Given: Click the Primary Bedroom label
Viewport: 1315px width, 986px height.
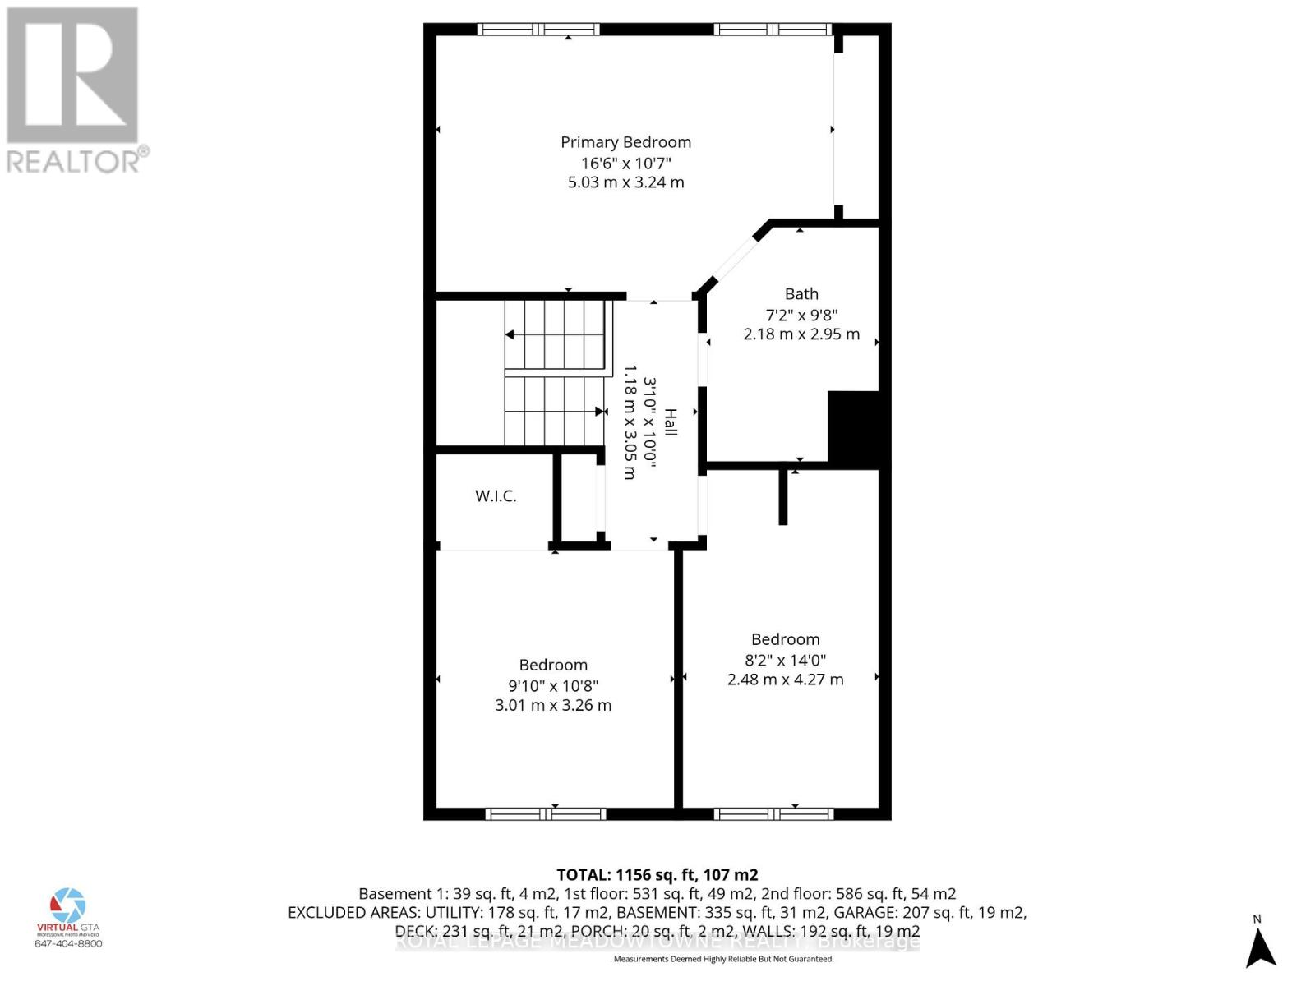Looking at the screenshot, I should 625,142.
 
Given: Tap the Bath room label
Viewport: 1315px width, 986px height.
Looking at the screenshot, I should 801,293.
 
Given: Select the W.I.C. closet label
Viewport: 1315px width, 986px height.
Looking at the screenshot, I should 496,496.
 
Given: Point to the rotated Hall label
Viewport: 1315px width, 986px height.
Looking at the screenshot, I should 671,422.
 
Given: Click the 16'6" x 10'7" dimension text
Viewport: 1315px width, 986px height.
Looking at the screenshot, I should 625,163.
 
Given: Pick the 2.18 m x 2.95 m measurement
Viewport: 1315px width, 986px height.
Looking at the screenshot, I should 801,334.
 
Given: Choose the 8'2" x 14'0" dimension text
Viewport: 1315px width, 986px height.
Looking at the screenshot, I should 785,660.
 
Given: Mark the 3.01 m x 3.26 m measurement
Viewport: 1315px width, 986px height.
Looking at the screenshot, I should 553,705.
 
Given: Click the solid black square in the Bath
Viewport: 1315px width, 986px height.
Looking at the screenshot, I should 854,430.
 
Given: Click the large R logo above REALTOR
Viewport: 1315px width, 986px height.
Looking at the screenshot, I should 72,76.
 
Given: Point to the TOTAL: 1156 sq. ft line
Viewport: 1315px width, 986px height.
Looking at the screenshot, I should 657,875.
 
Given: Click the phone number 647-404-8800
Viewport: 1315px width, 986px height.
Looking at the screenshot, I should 68,943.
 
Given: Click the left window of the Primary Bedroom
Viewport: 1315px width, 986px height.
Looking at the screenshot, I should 538,30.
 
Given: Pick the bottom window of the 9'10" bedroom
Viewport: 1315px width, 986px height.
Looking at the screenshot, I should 546,814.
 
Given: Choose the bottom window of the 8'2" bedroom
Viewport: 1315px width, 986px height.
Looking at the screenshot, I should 773,814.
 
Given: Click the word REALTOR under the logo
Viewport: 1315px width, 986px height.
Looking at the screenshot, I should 74,161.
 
